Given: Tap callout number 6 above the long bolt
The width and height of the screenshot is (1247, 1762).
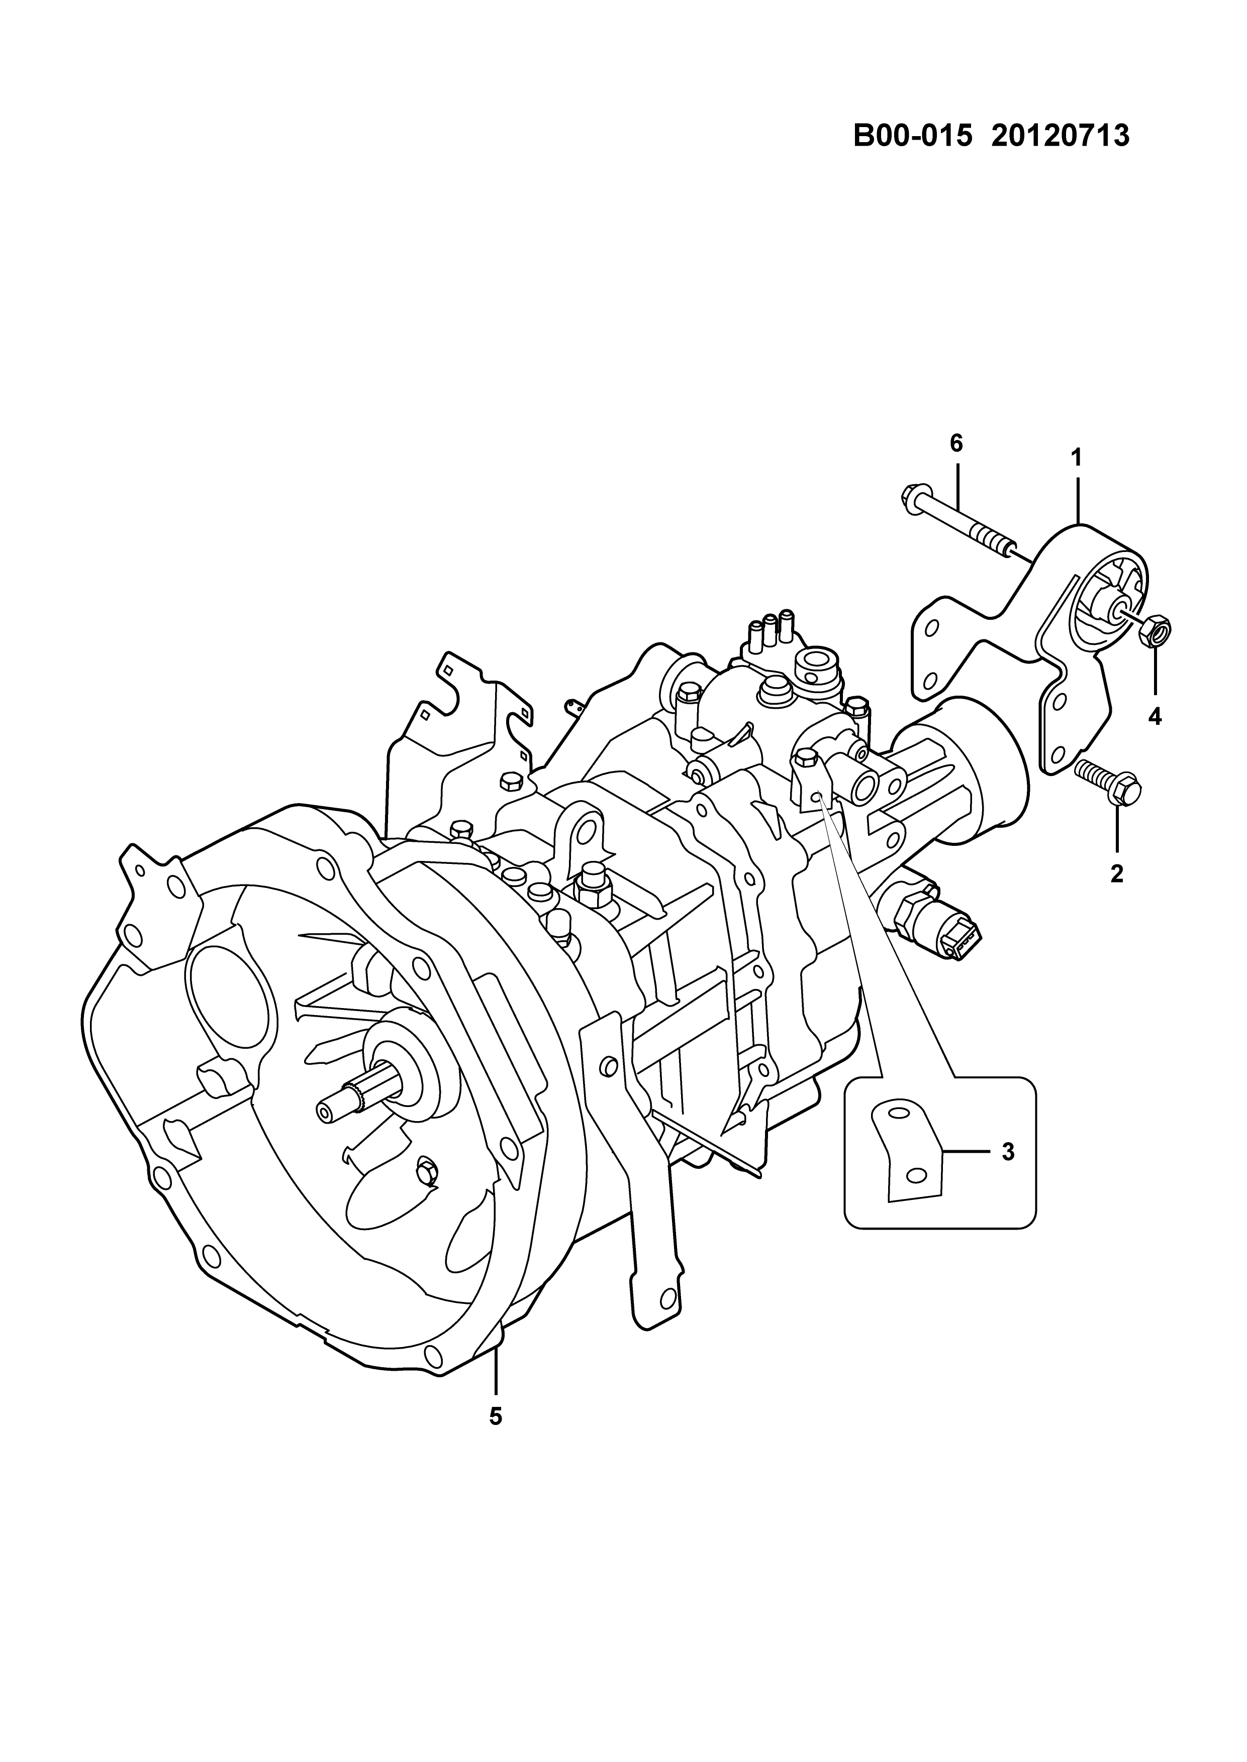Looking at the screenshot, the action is point(956,444).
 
